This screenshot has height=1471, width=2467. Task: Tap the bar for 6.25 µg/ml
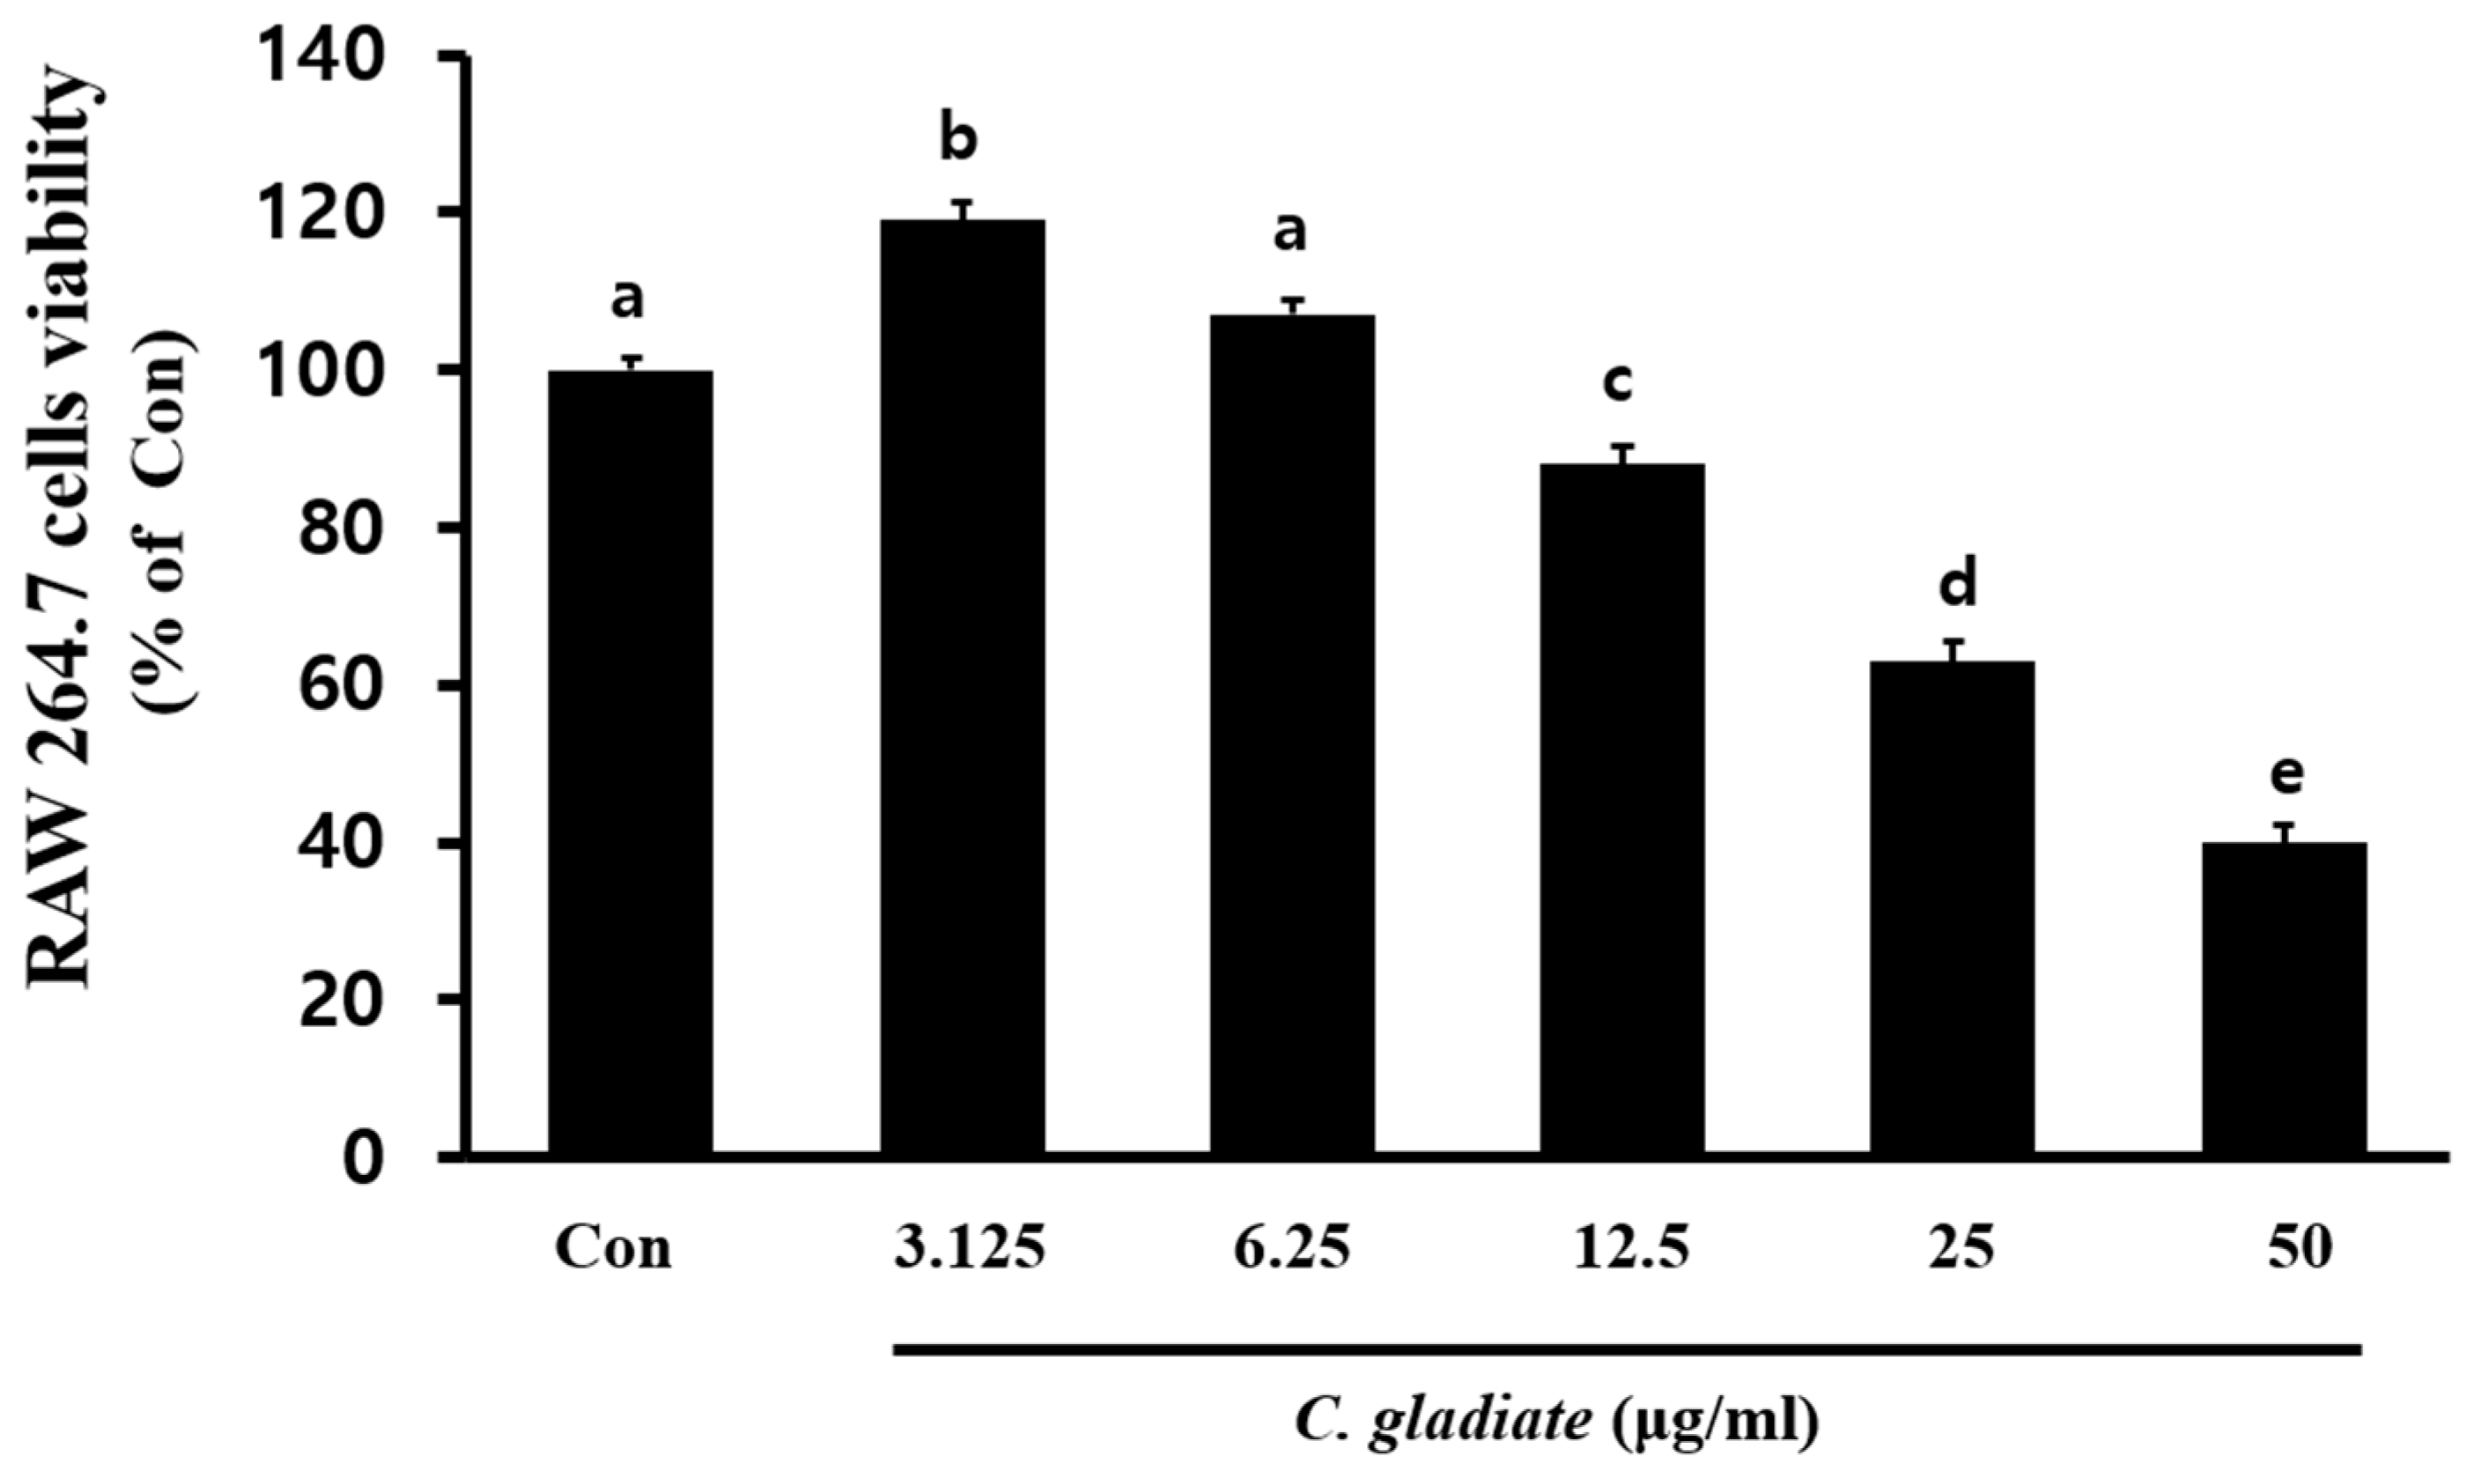[x=1291, y=734]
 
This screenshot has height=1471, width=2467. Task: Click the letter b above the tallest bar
[x=957, y=140]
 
